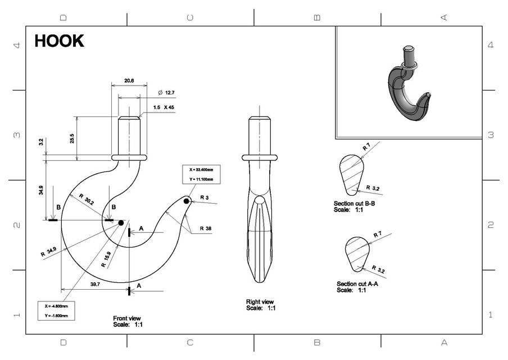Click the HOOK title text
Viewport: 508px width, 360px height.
click(x=59, y=41)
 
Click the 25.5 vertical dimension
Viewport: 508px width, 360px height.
click(x=72, y=138)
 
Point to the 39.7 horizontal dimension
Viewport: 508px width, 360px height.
click(x=94, y=285)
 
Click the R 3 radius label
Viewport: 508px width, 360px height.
click(x=203, y=198)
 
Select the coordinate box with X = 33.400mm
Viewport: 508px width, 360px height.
click(x=201, y=174)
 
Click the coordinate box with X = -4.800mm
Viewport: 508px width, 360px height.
click(x=56, y=310)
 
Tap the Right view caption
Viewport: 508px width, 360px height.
click(x=260, y=304)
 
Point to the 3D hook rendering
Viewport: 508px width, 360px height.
click(x=407, y=84)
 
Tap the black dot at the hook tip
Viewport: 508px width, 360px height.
click(x=187, y=201)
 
